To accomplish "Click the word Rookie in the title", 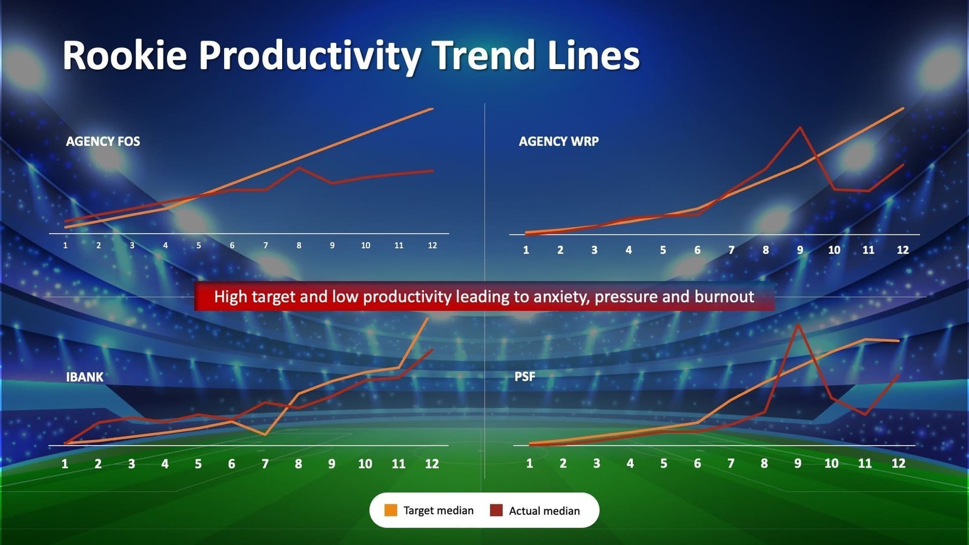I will click(125, 56).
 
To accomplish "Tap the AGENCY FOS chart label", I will click(103, 141).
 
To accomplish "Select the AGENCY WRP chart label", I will click(558, 141).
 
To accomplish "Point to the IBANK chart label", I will click(85, 377).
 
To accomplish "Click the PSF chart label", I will click(524, 377).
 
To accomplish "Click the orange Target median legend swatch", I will click(391, 510).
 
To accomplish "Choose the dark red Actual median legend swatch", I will click(496, 510).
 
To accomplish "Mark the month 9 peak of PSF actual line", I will click(799, 325).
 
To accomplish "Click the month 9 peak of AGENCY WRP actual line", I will click(800, 127).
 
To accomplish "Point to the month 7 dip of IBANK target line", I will click(265, 434).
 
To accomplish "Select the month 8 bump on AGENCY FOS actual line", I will click(299, 168).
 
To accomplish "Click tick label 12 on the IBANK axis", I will click(431, 464).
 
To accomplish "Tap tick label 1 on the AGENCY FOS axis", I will click(65, 245).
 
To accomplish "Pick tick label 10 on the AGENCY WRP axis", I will click(834, 249).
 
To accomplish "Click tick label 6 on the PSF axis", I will click(697, 463).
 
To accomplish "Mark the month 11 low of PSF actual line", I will click(866, 415).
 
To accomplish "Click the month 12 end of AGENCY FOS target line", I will click(432, 109).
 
